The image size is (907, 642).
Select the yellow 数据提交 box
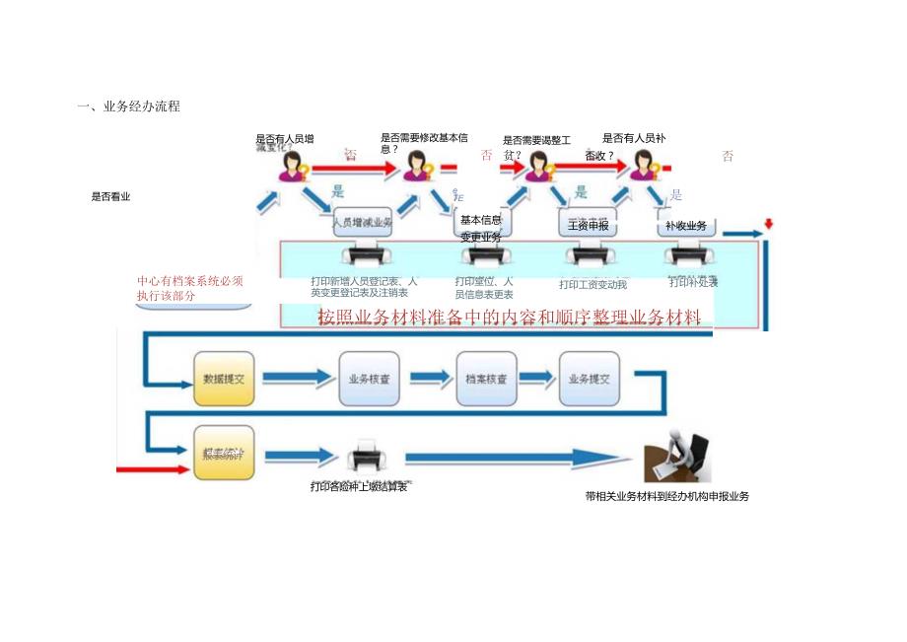coord(224,379)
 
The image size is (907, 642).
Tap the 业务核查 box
coord(369,379)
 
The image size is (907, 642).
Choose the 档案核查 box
coord(485,379)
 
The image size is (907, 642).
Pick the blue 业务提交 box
coord(590,379)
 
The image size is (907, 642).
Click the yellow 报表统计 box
coord(224,454)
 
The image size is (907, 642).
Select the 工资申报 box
coord(589,225)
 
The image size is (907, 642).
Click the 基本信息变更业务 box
coord(481,228)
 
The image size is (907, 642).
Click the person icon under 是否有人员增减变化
coord(293,167)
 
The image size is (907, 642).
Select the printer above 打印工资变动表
coord(588,257)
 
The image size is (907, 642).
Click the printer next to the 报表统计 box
coord(367,460)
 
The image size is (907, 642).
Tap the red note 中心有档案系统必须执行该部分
coord(190,288)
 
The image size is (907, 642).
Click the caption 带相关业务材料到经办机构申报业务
coord(666,497)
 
